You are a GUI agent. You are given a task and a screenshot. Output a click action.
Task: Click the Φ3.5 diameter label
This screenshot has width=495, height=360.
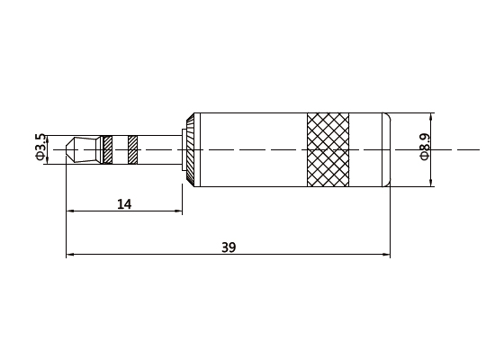[x=40, y=148]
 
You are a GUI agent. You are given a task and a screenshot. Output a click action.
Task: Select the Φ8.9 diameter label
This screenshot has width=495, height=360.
[x=424, y=148]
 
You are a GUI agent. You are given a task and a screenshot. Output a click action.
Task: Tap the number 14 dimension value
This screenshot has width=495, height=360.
[x=124, y=204]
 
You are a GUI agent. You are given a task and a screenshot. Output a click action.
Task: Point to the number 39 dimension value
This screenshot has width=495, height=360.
[x=229, y=247]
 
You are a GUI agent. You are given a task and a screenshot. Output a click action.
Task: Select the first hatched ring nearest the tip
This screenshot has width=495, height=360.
[x=107, y=149]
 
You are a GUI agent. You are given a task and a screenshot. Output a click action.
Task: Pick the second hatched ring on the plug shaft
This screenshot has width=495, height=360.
[x=132, y=149]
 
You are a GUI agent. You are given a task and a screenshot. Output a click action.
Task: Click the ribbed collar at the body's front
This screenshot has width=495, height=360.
[x=192, y=149]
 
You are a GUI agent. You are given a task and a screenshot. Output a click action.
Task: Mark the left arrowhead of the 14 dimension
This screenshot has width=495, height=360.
[x=70, y=212]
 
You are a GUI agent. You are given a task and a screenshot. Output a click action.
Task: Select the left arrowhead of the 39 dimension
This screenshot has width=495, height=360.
[x=70, y=256]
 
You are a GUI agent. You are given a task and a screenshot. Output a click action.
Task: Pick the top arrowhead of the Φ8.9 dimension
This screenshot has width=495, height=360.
[x=433, y=116]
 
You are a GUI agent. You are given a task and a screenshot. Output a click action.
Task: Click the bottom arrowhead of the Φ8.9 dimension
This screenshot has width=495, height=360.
[x=433, y=183]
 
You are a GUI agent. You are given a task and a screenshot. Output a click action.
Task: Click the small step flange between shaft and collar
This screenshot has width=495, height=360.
[x=183, y=149]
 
